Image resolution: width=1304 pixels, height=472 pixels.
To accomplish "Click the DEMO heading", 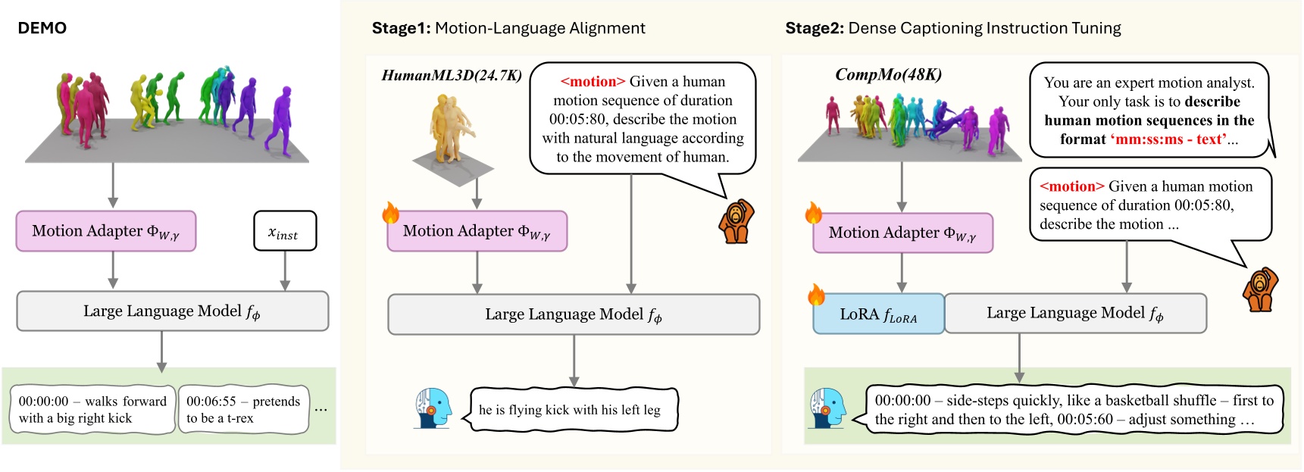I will (x=42, y=28).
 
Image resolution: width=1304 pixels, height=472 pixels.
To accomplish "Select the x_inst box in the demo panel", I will (x=284, y=231).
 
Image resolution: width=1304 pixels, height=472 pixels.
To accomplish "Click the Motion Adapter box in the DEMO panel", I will (x=106, y=231).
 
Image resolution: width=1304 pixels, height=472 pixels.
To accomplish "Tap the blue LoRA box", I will (x=878, y=314).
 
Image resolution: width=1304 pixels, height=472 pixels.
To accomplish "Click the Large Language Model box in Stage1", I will (x=574, y=314).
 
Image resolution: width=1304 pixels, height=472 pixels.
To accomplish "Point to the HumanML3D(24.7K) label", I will (x=452, y=75).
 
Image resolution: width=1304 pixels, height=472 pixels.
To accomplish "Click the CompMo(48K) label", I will (x=888, y=74).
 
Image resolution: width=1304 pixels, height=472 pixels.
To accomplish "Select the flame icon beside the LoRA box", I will (x=816, y=294).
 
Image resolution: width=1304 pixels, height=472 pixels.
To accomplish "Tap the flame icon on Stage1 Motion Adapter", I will (x=391, y=213).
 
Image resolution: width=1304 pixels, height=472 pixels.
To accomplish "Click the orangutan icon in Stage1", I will (x=736, y=221).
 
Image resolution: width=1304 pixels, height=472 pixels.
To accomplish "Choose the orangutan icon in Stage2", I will (x=1260, y=289).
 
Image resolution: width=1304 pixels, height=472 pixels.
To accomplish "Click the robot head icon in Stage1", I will (x=433, y=409).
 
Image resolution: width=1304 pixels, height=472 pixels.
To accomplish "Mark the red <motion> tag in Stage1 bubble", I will (x=593, y=82).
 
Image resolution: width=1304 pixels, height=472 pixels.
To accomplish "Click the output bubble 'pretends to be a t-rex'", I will (x=243, y=410).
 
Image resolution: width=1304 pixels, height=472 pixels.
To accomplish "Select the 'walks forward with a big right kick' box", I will (x=92, y=410).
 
